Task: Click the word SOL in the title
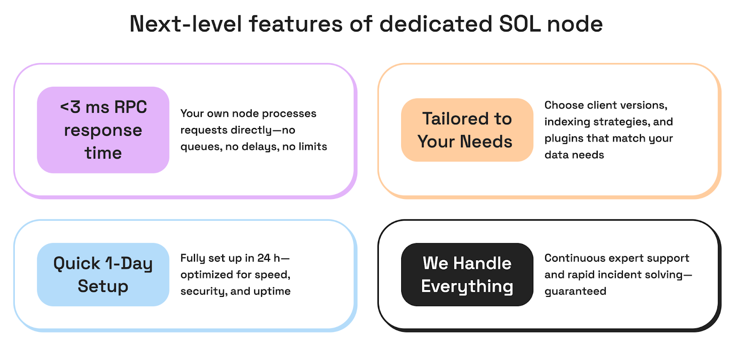(519, 24)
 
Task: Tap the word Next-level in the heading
(185, 24)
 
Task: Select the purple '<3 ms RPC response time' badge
(103, 130)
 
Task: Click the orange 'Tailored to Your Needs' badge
(467, 130)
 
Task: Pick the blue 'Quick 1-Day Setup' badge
(103, 275)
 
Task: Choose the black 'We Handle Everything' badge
(467, 275)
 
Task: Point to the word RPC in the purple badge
(131, 107)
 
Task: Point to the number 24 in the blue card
(264, 258)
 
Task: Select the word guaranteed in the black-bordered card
(575, 291)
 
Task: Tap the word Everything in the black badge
(467, 286)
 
